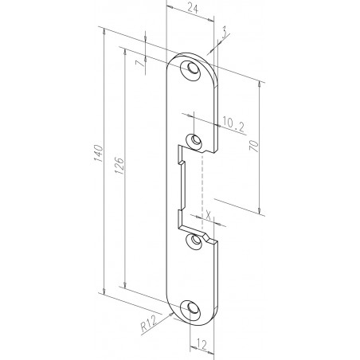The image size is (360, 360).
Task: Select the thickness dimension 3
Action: coord(225,32)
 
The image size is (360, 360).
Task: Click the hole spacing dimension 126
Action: coord(118,166)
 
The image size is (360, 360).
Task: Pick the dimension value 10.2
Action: coord(233,123)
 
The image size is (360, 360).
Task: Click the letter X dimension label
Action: coord(208,214)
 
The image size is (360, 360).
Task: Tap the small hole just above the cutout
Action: coord(192,142)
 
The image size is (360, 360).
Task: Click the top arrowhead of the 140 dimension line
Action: coord(104,31)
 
